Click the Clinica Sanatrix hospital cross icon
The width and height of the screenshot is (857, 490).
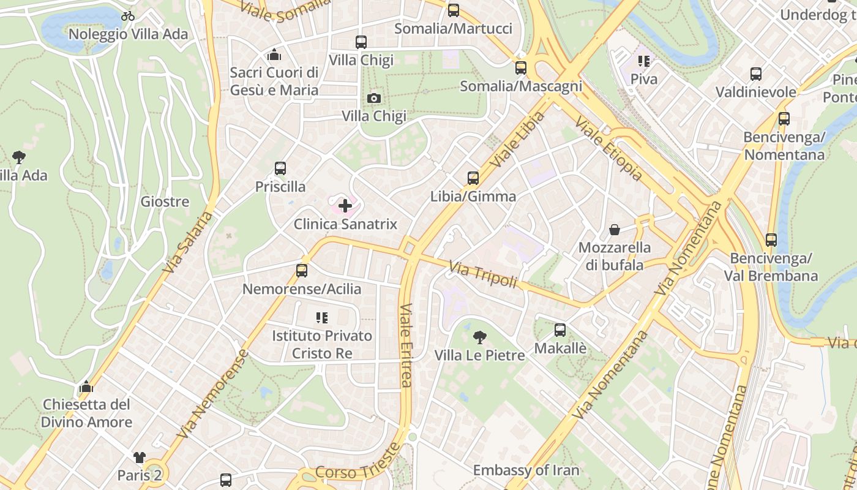(x=345, y=206)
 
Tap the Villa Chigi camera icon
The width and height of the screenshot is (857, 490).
(x=373, y=98)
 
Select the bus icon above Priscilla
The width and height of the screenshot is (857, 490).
(x=280, y=168)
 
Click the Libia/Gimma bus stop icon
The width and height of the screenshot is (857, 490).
(x=473, y=178)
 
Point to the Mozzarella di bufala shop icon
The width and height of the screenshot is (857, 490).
(x=614, y=230)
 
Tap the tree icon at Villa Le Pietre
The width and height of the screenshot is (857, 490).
(x=480, y=337)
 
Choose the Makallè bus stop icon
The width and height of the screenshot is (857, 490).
(x=560, y=330)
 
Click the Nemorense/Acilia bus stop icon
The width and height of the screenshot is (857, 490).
(x=302, y=270)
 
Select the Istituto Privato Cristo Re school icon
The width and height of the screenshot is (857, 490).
(x=322, y=317)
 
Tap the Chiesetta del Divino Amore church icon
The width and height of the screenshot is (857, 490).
(x=86, y=387)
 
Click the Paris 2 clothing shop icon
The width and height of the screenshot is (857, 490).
(x=140, y=457)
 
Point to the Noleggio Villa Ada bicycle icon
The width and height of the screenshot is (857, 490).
(x=128, y=16)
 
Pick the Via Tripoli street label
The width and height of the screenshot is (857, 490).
(x=483, y=275)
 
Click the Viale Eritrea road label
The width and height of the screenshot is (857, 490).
(x=406, y=346)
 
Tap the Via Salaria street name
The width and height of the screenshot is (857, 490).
(x=189, y=243)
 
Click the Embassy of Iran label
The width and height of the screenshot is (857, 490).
(x=526, y=470)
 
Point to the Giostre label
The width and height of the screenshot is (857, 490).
(x=165, y=202)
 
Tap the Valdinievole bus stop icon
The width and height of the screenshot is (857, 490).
(x=756, y=74)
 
